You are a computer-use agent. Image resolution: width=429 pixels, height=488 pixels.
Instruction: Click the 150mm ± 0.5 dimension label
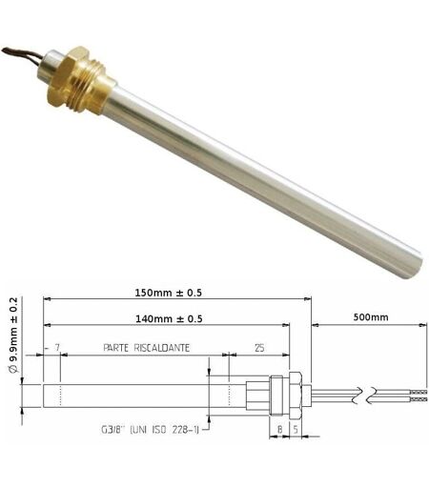point(169,293)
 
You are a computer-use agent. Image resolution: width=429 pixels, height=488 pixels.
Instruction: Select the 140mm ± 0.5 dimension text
point(169,318)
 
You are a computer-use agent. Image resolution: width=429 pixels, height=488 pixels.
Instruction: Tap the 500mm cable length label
point(371,317)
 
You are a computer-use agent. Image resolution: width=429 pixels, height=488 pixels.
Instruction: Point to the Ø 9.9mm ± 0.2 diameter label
point(13,335)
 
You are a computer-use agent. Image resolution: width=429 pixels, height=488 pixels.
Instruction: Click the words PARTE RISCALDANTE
point(147,348)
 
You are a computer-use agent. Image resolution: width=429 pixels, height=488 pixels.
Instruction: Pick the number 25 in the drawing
point(259,348)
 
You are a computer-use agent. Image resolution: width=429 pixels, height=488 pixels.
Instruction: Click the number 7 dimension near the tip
point(57,348)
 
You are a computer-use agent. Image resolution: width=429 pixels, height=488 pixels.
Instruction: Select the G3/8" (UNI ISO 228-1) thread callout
point(150,430)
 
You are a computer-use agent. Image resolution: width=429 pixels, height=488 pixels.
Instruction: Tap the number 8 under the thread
point(279,430)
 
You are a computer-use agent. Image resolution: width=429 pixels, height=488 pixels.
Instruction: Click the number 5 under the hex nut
point(296,430)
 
